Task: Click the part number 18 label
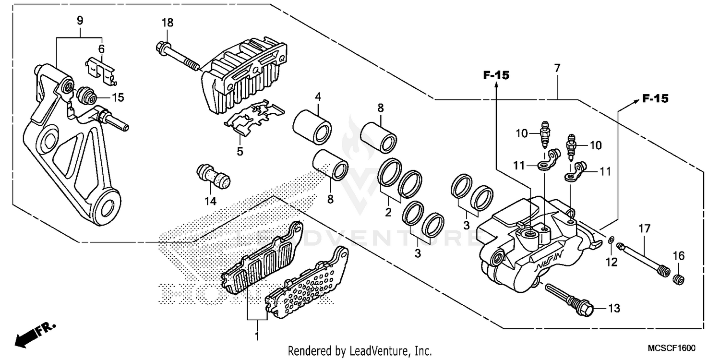[167, 23]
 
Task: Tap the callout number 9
[80, 20]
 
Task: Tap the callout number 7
[557, 68]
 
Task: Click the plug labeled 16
[678, 278]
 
